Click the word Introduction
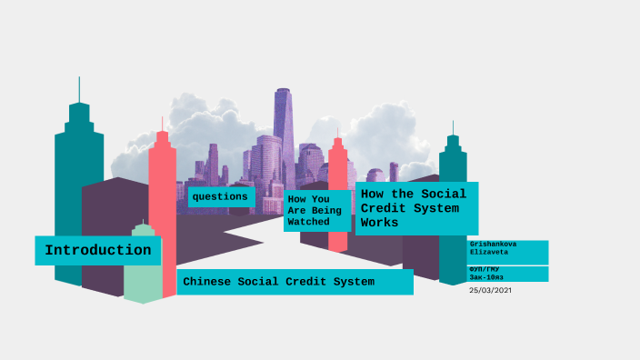coord(98,250)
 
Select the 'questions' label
coord(219,196)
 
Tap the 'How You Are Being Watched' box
coord(315,210)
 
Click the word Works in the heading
coord(380,223)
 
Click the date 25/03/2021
coord(491,290)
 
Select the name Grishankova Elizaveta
coord(507,251)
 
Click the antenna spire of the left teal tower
coord(79,89)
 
